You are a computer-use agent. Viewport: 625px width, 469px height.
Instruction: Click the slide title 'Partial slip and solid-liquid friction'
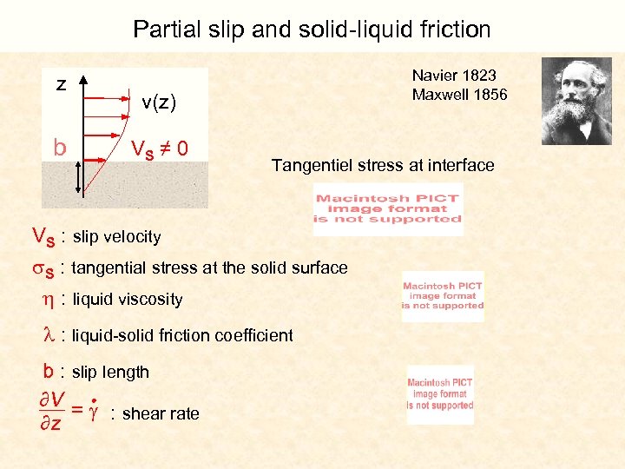coord(312,30)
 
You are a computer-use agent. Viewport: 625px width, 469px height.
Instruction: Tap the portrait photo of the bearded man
coord(576,101)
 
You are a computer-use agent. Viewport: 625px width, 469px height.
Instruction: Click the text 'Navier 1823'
coord(454,76)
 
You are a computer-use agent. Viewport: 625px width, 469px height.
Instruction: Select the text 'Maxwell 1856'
coord(459,94)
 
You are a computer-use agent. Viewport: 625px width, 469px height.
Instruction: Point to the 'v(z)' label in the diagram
coord(159,103)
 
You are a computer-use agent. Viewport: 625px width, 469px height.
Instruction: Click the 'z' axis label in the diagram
coord(61,84)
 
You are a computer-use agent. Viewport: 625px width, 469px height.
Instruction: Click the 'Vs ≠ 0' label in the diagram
coord(159,149)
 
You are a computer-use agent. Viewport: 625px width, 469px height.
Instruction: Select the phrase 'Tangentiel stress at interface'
coord(383,165)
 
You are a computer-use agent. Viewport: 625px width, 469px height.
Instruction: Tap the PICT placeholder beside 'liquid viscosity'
coord(443,296)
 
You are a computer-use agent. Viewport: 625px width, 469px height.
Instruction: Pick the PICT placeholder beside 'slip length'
coord(440,394)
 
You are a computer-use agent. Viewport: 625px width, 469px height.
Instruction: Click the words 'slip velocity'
coord(117,236)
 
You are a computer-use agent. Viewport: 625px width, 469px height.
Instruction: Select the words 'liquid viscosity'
coord(128,300)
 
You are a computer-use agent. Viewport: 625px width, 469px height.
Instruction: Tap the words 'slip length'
coord(110,372)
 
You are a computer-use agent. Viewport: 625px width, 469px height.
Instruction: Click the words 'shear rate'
coord(161,413)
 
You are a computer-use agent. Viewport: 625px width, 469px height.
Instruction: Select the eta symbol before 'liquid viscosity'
coord(49,300)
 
